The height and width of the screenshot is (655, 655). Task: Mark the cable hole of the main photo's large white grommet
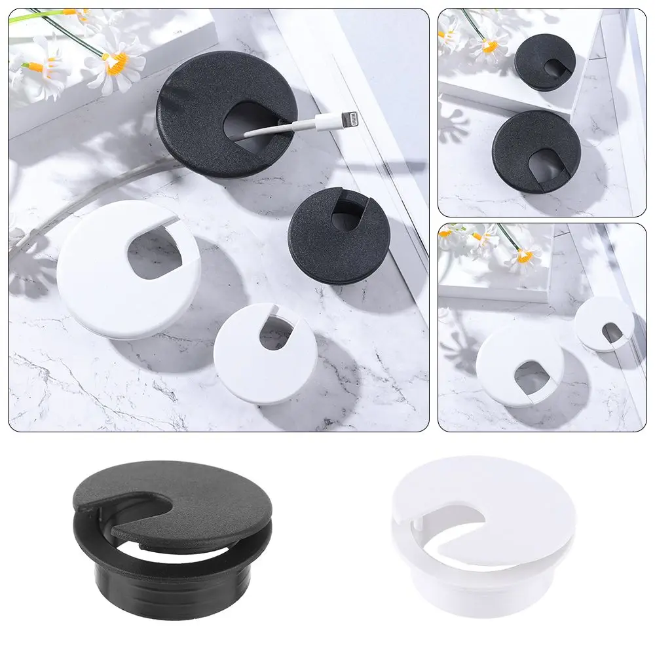click(155, 252)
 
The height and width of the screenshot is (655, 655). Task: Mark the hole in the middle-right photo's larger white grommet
click(531, 378)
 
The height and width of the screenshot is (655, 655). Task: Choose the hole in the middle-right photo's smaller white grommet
click(612, 332)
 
